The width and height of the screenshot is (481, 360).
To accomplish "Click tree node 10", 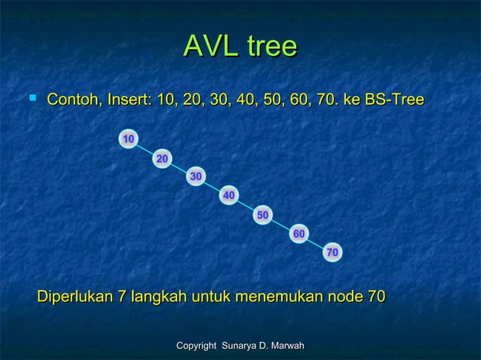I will pyautogui.click(x=129, y=139).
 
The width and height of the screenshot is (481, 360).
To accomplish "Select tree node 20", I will pyautogui.click(x=161, y=158).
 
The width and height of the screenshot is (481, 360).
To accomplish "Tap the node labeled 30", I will pyautogui.click(x=195, y=176).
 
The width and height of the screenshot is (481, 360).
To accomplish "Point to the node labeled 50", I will pyautogui.click(x=263, y=215).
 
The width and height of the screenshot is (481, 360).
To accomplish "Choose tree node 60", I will pyautogui.click(x=299, y=234).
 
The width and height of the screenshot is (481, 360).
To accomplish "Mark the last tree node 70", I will pyautogui.click(x=332, y=252).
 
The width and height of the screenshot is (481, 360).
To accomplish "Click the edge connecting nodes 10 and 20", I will pyautogui.click(x=146, y=149).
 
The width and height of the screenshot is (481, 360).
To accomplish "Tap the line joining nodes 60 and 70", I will pyautogui.click(x=315, y=243).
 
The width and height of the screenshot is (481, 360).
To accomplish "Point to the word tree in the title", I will pyautogui.click(x=268, y=47).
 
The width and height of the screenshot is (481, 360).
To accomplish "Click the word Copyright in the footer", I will pyautogui.click(x=198, y=345).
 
